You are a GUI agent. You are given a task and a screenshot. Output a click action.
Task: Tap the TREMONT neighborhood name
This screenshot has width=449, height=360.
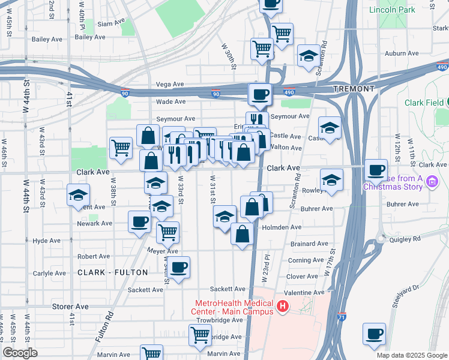tap(354, 89)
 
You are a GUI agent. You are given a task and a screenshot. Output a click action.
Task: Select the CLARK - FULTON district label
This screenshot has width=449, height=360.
tap(112, 272)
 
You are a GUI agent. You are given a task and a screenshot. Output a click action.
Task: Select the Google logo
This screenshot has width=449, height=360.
tap(20, 353)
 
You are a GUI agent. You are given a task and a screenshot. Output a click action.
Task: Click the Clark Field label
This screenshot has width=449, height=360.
tap(423, 103)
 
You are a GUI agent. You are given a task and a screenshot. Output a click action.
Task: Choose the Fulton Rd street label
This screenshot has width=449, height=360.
tap(104, 327)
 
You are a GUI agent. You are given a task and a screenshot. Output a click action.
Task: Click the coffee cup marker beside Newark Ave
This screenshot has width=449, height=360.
tap(139, 222)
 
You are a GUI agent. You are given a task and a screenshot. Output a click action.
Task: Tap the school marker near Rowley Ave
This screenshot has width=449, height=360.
tap(331, 179)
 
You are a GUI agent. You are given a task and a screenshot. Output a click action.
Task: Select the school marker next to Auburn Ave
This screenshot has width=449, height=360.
tap(308, 55)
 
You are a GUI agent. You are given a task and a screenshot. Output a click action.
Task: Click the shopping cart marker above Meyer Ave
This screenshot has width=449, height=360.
tap(168, 230)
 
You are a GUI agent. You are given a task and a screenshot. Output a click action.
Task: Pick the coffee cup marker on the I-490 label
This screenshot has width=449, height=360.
tap(260, 94)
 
